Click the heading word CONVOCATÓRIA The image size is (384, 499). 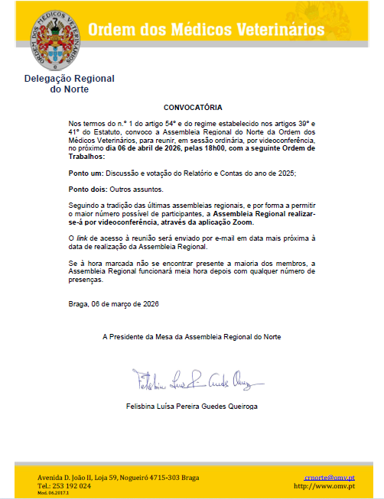(192, 108)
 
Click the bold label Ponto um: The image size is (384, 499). (86, 174)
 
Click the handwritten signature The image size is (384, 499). (191, 378)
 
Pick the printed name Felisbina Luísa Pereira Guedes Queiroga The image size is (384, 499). (191, 406)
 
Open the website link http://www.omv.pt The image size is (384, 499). (324, 485)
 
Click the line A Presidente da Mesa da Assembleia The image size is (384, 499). (192, 336)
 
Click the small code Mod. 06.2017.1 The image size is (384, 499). (52, 493)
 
